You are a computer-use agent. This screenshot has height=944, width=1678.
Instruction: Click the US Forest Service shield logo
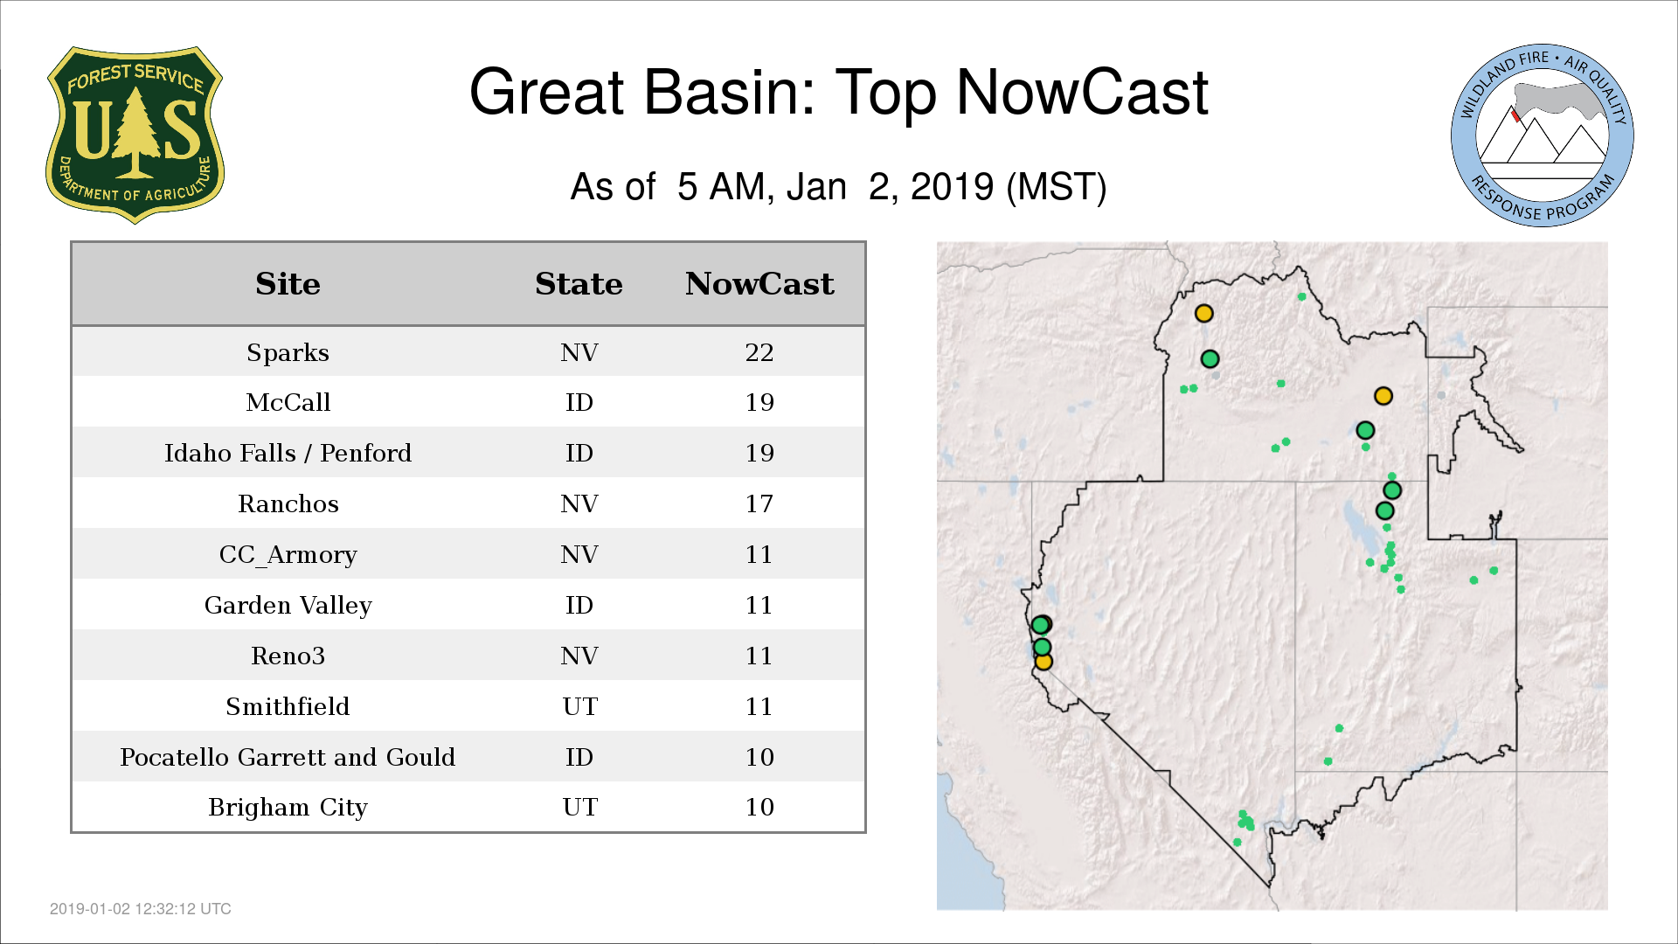coord(135,135)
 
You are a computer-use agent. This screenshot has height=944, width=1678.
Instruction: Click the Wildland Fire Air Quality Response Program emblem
coord(1543,135)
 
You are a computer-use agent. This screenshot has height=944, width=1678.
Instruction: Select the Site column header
coord(288,284)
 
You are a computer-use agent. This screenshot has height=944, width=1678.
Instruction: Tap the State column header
coord(579,284)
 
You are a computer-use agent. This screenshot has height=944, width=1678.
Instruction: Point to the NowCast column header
coord(759,284)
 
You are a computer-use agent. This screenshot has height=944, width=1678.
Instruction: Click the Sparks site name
coord(288,353)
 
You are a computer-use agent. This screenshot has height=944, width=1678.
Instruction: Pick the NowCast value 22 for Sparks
coord(759,352)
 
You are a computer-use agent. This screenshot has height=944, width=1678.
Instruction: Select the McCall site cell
coord(288,402)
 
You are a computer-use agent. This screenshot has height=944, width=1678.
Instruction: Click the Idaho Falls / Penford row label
coord(288,453)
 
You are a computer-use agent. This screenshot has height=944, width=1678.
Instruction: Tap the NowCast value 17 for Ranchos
coord(759,503)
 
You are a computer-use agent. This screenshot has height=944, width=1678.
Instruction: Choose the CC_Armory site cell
coord(288,555)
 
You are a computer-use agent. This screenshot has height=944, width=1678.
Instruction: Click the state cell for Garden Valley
coord(579,605)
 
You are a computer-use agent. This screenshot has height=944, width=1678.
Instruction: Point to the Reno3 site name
coord(288,656)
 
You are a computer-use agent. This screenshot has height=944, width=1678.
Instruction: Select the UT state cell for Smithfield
coord(579,706)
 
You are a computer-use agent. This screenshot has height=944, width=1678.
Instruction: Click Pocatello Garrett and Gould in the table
coord(288,757)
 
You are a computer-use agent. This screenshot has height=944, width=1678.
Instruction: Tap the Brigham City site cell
coord(288,808)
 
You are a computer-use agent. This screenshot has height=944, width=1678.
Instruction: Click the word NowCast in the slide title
coord(1082,92)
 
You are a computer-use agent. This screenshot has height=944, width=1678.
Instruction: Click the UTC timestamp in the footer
coord(141,909)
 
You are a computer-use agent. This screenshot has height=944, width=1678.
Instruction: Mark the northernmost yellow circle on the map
coord(1203,313)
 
